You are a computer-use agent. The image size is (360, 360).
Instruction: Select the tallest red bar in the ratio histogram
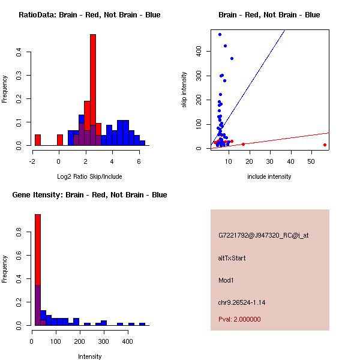point(93,84)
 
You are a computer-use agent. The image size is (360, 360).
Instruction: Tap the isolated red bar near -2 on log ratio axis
point(38,140)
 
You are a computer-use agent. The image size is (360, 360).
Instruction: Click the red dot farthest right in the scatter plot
point(325,145)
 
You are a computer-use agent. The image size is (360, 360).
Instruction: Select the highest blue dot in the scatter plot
point(220,34)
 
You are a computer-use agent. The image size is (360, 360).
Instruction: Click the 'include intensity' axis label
point(269,176)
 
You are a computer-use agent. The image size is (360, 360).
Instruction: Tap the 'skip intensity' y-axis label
point(184,89)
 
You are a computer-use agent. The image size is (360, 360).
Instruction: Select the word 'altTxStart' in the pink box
point(232,258)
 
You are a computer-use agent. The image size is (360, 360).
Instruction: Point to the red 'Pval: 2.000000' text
point(239,319)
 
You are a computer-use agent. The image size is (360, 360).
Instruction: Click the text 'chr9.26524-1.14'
point(242,302)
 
